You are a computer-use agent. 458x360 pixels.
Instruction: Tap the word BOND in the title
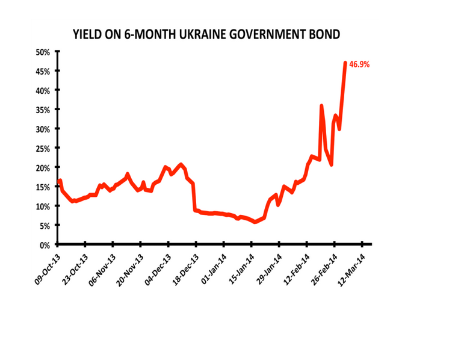point(324,34)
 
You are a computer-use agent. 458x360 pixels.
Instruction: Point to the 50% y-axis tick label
point(42,52)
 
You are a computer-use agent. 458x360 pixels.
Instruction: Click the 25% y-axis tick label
point(42,148)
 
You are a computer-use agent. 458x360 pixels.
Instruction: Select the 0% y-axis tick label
point(44,245)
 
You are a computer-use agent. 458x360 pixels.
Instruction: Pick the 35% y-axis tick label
point(42,110)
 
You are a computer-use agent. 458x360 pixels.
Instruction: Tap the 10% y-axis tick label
point(42,206)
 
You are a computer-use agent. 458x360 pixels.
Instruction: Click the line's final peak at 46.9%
point(345,63)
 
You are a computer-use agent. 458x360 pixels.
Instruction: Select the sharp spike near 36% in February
point(321,106)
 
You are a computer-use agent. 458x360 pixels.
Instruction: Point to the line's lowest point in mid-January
point(256,222)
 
